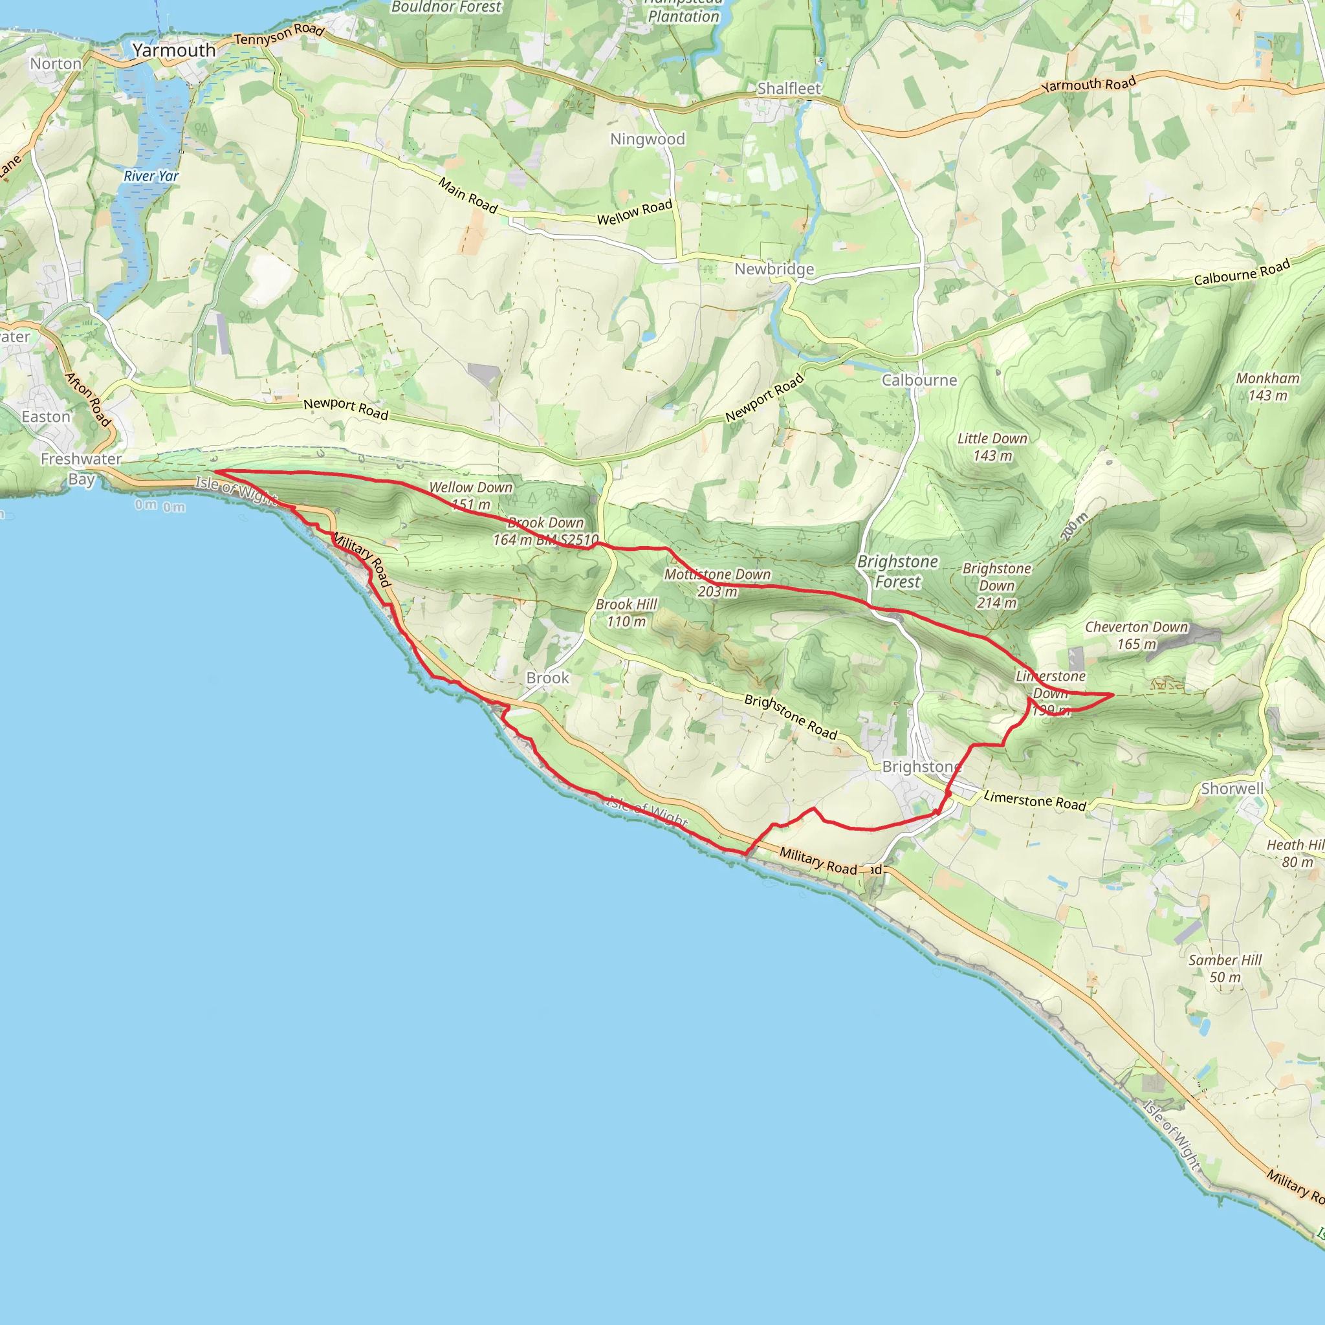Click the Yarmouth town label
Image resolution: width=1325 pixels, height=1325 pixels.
(173, 50)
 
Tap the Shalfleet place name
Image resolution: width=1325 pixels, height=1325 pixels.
(789, 89)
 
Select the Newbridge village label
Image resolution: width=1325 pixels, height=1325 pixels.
(774, 269)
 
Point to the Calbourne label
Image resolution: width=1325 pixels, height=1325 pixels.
(919, 380)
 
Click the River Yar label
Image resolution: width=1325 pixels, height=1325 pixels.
(151, 176)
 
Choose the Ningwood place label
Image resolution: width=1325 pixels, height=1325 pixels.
(648, 139)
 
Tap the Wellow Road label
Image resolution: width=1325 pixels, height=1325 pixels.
(635, 213)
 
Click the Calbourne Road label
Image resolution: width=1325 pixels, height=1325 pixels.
(1242, 272)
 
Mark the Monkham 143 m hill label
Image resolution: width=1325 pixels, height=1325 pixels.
(1267, 387)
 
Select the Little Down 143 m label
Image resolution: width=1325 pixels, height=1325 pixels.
(992, 446)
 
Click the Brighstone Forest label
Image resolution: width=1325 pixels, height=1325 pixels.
(897, 571)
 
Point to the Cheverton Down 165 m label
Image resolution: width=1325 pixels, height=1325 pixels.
(1135, 635)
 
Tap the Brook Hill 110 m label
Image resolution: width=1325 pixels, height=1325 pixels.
(626, 613)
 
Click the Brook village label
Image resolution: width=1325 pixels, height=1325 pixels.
(547, 677)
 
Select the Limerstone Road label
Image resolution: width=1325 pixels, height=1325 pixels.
(1035, 800)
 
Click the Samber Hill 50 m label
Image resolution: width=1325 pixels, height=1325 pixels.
(1225, 969)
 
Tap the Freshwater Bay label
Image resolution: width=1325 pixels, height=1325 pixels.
(81, 468)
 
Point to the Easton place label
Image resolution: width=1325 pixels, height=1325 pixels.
(46, 417)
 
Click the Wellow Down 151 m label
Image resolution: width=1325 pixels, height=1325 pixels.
(470, 495)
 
